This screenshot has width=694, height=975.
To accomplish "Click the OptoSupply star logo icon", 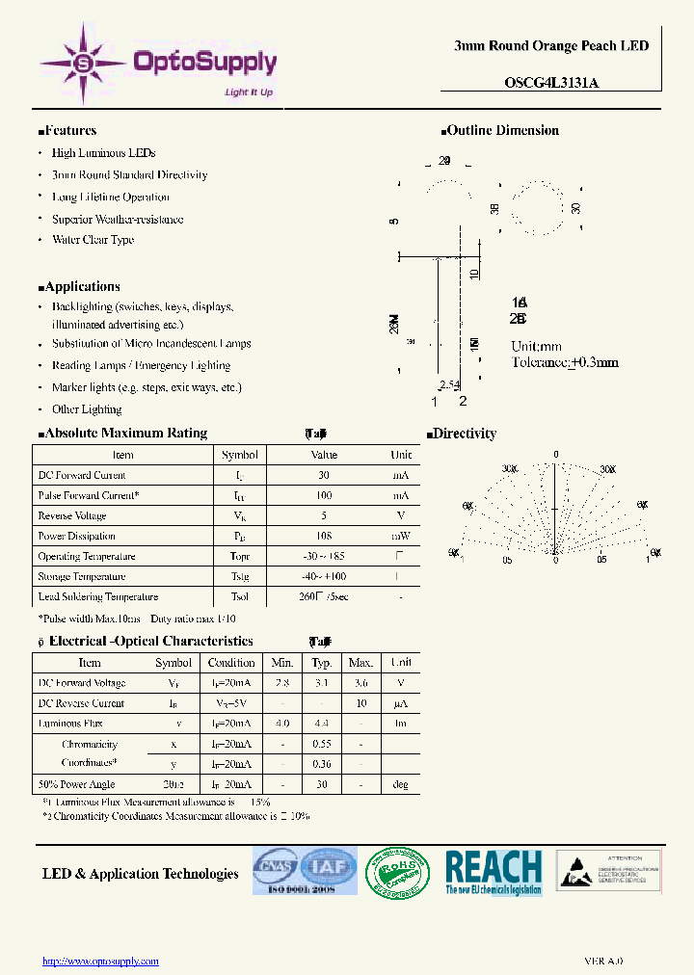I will coord(83,64).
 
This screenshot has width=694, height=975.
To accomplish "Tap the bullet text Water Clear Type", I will coord(93,240).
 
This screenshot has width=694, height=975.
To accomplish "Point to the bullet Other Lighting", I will coord(87,409).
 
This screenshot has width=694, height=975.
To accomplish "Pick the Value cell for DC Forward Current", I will coord(324,475).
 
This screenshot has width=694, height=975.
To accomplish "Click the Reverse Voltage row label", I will coord(72,515).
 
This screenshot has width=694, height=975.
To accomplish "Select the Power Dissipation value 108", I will coord(324,536).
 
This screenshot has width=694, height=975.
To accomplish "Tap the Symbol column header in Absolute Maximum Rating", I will coord(240,455).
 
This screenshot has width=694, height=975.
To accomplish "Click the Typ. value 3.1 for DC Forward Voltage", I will coord(322,683).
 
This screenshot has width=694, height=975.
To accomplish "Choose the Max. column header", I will coord(360,663).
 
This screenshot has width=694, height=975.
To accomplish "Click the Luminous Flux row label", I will coord(70,723).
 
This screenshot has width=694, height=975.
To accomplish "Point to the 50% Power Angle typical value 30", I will coord(322,784).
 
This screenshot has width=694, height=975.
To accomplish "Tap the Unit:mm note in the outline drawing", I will coord(536,347).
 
